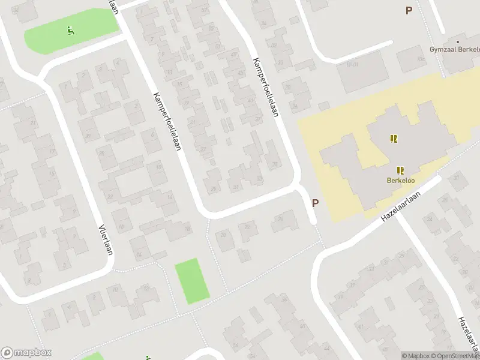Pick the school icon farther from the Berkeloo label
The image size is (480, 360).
point(394,139)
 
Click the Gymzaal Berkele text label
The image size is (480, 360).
point(454,50)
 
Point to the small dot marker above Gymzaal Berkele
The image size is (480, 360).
point(458,42)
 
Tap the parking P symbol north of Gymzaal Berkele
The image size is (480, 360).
point(409,10)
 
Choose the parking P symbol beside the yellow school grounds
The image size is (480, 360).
point(314,203)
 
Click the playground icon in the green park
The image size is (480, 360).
point(71,29)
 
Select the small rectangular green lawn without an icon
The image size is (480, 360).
point(192,280)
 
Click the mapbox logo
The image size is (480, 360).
point(26,353)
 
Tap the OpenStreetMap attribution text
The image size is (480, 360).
point(456,356)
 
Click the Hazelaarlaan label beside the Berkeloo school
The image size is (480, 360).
point(401,206)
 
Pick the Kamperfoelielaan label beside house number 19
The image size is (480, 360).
point(166,121)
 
